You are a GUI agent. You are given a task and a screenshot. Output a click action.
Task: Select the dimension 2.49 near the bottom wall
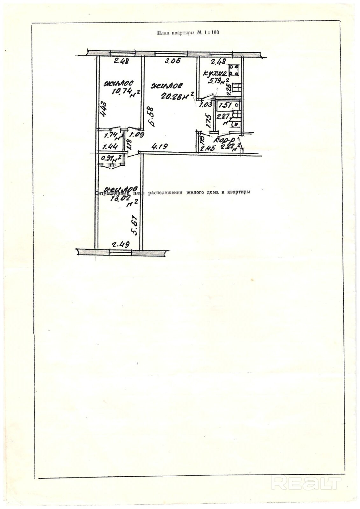click(120, 245)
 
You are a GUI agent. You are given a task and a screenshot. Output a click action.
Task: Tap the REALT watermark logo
click(307, 484)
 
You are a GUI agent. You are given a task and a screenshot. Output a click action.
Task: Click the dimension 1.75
click(208, 121)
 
